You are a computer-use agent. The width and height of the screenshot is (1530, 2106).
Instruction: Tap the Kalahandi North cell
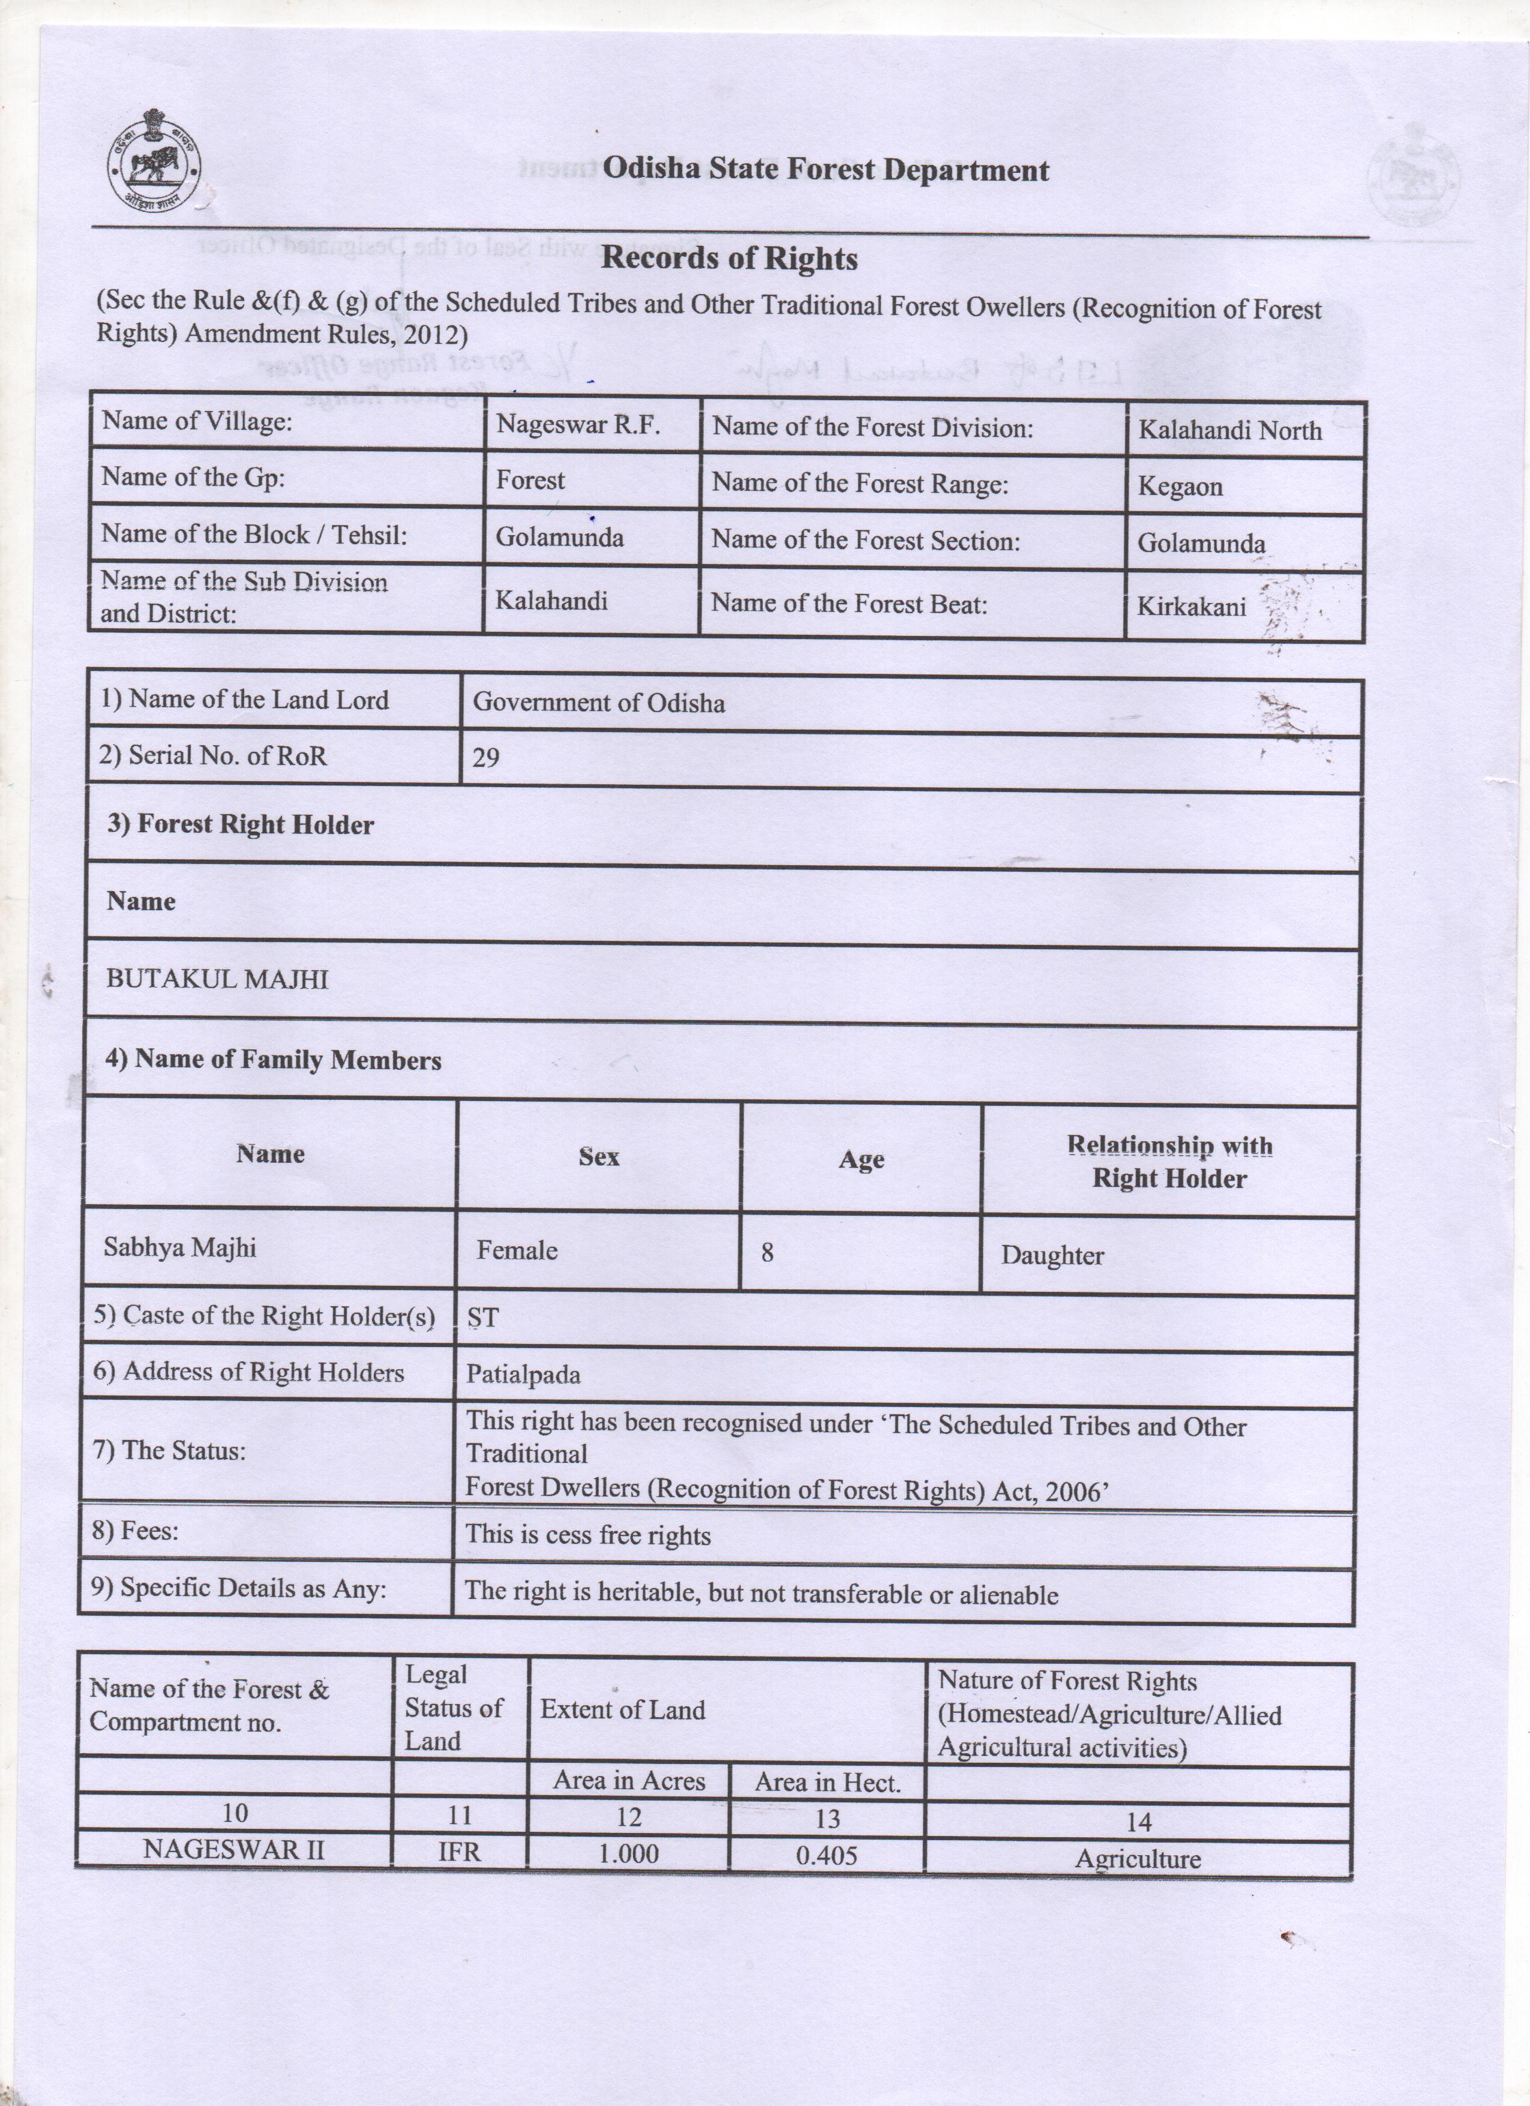pos(1229,430)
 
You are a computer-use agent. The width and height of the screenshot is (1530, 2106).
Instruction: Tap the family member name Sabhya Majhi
pos(179,1246)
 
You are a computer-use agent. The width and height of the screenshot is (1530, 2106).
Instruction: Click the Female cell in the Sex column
pos(517,1250)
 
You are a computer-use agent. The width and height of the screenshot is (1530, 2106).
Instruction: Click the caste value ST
pos(483,1317)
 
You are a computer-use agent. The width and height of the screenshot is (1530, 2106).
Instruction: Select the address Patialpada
pos(523,1374)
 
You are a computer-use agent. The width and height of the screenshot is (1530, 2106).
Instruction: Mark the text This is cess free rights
pos(587,1535)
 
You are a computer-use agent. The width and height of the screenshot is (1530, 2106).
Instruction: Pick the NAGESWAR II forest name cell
pos(234,1850)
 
